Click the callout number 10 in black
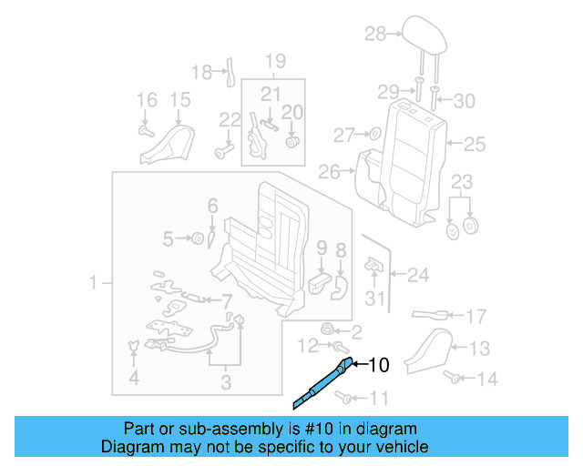point(378,366)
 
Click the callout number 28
point(375,35)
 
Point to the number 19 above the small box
point(275,62)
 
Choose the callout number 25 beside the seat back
point(475,144)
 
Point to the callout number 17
point(476,317)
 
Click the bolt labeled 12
point(339,347)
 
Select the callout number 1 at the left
point(93,285)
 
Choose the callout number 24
point(417,273)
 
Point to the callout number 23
point(463,180)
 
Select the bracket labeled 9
point(320,279)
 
